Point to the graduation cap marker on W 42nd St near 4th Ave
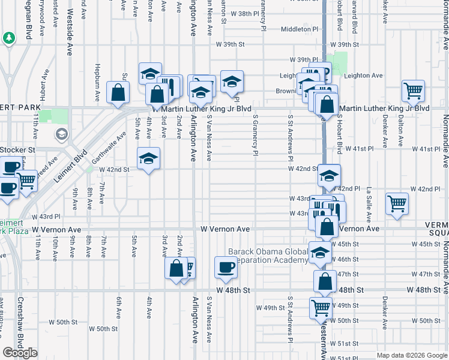coord(148,158)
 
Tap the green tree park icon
coord(9,38)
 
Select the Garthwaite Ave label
coord(109,148)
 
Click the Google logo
coord(20,352)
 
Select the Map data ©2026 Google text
coord(411,355)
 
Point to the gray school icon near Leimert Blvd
coord(61,133)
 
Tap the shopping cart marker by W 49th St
coord(321,308)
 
